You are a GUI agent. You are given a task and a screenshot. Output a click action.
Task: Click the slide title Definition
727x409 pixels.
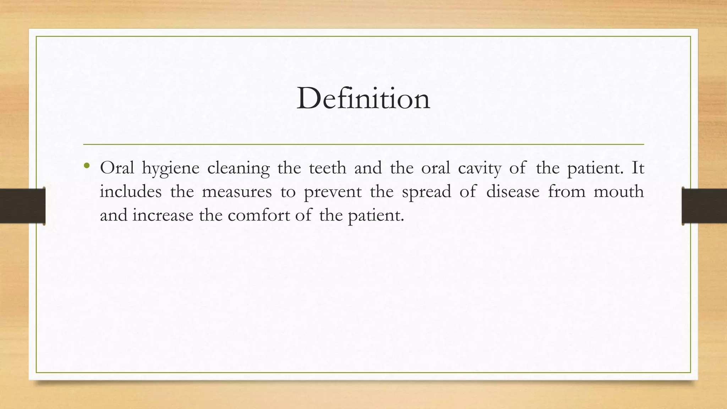(x=363, y=98)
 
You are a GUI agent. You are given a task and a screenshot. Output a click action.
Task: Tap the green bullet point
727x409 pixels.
(x=87, y=166)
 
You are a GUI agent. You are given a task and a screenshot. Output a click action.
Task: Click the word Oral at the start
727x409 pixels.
(x=117, y=168)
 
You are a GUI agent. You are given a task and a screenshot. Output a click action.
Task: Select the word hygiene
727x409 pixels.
(x=170, y=168)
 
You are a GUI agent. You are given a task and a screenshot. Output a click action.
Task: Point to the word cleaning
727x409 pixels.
(x=238, y=168)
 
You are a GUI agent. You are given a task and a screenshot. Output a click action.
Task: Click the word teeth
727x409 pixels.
(x=327, y=168)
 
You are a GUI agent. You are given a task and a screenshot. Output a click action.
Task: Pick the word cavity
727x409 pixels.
(x=480, y=168)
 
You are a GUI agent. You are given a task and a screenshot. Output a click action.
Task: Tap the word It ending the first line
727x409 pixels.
(x=638, y=168)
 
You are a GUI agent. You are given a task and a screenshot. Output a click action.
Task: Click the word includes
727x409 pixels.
(x=130, y=192)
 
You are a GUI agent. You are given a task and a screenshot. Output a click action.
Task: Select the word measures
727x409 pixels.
(x=237, y=192)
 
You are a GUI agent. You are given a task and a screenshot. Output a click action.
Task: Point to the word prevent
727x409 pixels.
(x=333, y=192)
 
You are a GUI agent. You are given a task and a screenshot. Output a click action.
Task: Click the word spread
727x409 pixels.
(x=426, y=192)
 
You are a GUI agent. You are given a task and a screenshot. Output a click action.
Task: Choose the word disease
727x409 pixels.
(x=513, y=192)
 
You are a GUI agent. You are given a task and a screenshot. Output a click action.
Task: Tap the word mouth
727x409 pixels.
(x=618, y=192)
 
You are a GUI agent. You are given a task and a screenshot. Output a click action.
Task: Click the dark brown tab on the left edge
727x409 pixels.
(x=22, y=206)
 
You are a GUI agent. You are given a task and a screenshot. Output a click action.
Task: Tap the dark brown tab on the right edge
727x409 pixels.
(x=704, y=206)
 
